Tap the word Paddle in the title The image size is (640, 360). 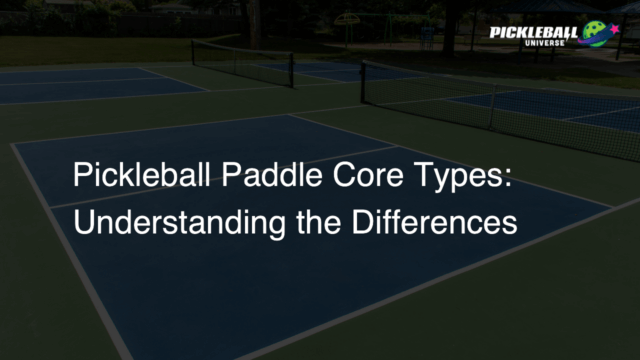[268, 177]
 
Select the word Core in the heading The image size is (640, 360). [365, 177]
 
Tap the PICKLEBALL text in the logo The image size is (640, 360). [533, 32]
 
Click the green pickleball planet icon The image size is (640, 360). [595, 33]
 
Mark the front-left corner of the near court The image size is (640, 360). [14, 147]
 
